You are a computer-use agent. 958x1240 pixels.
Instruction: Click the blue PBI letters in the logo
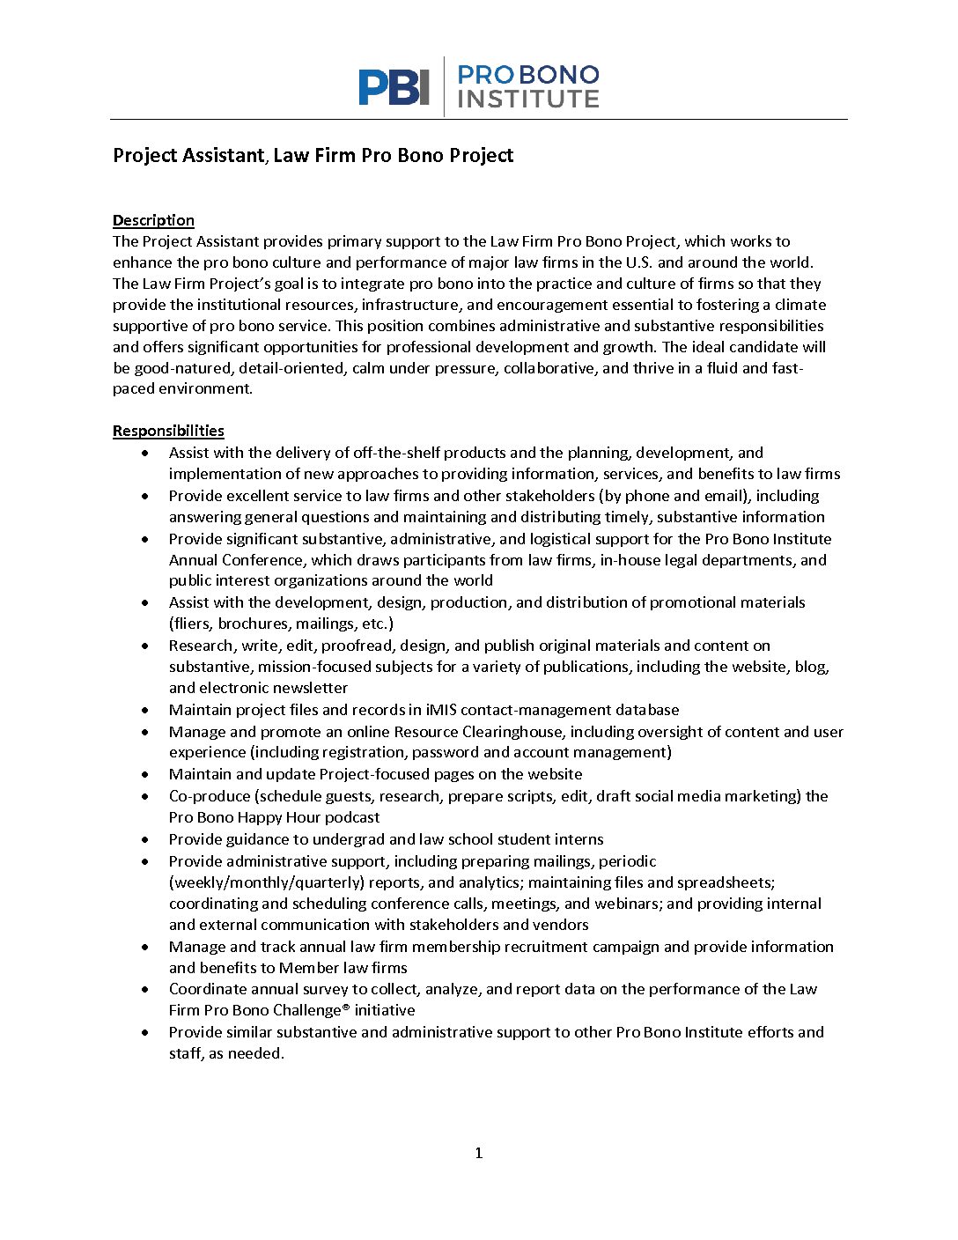coord(394,87)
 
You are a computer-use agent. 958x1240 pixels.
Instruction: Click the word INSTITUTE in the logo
coord(528,100)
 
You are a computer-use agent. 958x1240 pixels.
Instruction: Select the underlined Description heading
coord(153,220)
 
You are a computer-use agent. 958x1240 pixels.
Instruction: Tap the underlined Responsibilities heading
coord(168,431)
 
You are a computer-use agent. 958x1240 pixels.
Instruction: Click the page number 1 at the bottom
coord(479,1153)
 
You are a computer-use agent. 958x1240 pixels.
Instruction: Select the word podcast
coord(351,817)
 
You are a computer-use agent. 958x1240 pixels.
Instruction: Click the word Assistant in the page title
coord(223,156)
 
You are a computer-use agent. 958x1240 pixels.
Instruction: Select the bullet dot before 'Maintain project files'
coord(145,710)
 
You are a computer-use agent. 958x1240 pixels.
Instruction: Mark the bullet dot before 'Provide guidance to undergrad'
coord(145,839)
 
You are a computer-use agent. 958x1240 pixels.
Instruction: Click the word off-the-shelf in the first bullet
coord(397,453)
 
